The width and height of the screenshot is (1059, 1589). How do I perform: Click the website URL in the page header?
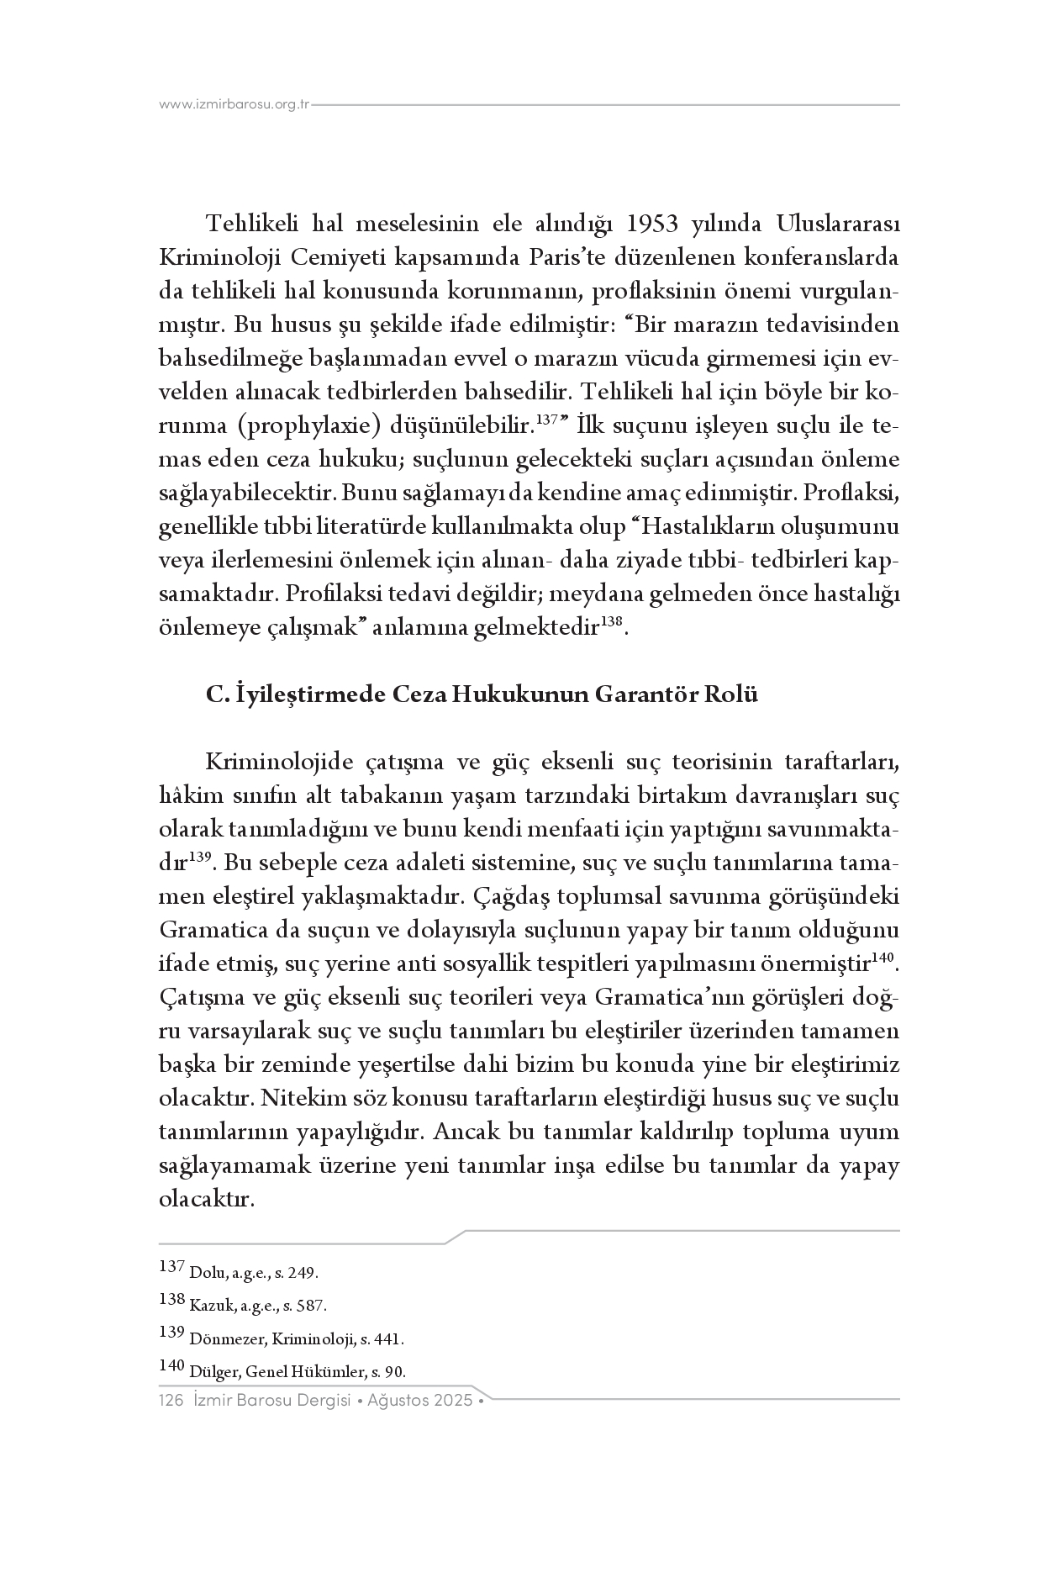click(234, 105)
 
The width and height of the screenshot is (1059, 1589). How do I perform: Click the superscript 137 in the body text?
click(547, 420)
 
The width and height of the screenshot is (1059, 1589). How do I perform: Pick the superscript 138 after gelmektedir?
click(612, 622)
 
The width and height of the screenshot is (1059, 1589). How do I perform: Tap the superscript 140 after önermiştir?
click(882, 958)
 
